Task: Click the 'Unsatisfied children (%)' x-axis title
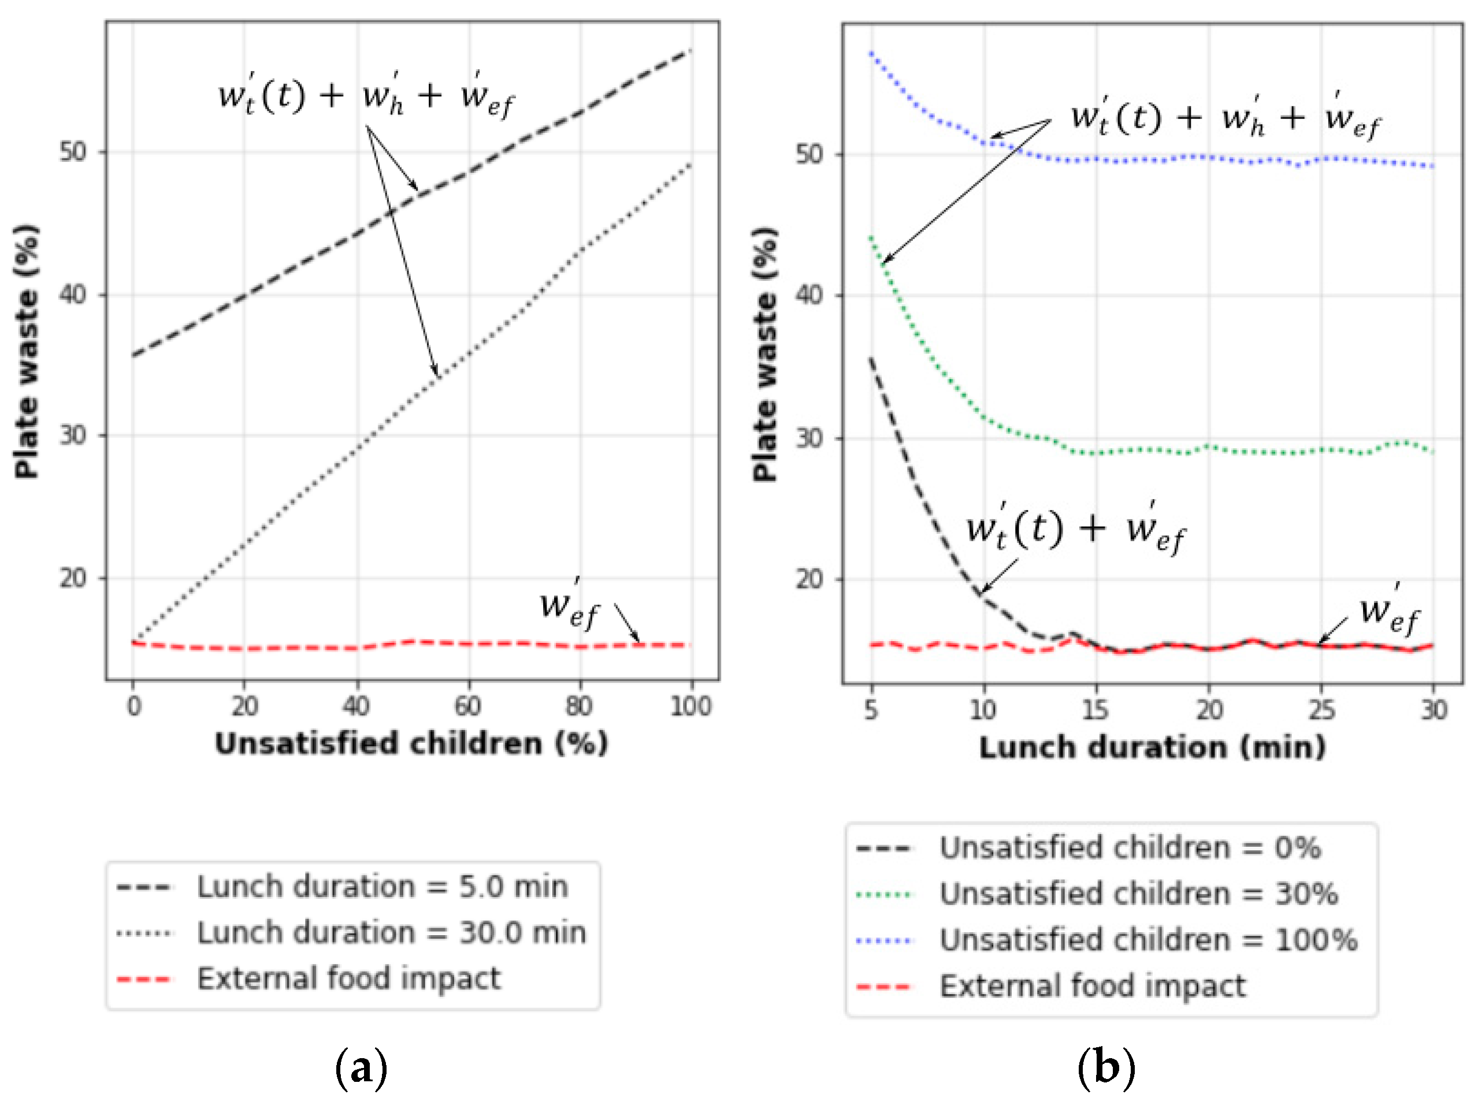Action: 411,743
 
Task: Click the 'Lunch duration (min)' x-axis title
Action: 1152,747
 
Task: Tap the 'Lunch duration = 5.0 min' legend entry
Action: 382,887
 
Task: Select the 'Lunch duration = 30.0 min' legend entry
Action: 391,933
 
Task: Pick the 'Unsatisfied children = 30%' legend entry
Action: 1139,894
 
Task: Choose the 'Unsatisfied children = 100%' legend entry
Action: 1148,940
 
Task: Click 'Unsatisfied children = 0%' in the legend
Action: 1130,848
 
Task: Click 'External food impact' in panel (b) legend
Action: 1093,986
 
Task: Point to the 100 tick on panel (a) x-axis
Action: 691,705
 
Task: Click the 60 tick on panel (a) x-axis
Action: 467,705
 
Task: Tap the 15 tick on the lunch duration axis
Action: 1096,709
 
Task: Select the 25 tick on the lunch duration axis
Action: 1321,709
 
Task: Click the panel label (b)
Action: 1106,1067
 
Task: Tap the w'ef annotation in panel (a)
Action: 569,606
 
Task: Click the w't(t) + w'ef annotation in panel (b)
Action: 1075,530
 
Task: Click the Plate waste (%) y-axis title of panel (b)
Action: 765,354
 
